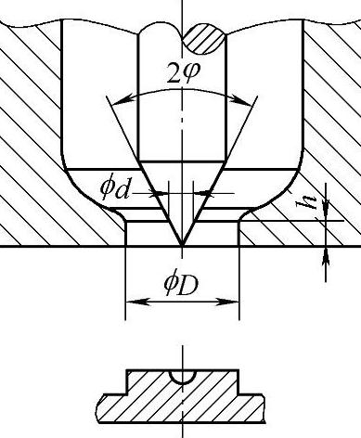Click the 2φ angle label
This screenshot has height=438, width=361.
tap(184, 73)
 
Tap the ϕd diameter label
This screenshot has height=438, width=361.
tap(114, 188)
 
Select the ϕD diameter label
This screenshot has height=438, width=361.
tap(181, 286)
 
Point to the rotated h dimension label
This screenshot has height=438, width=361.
tap(304, 202)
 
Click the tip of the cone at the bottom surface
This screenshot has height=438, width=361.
tap(183, 246)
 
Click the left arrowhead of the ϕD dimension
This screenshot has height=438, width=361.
tap(137, 302)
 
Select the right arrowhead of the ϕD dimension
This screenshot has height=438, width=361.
tap(226, 302)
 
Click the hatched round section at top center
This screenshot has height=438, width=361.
tap(203, 40)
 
